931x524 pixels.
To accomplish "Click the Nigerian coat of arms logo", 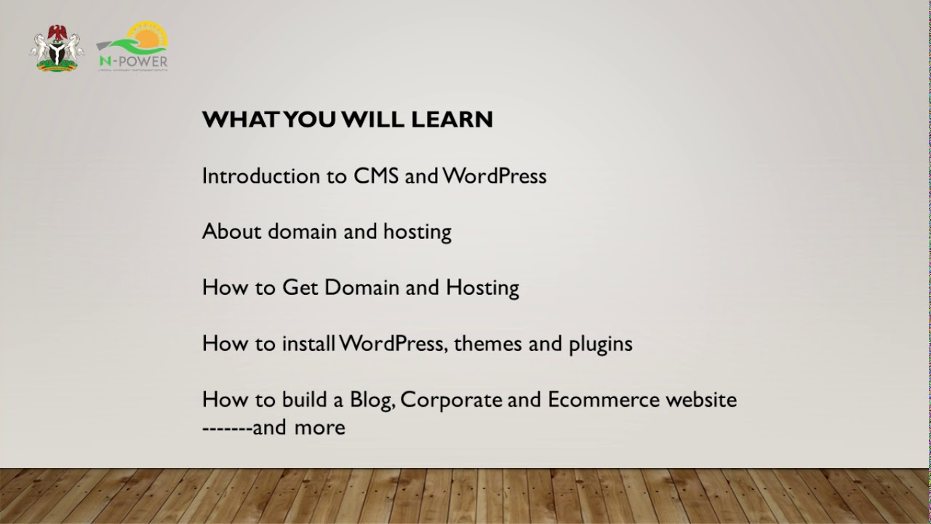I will pyautogui.click(x=57, y=49).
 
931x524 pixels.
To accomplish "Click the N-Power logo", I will pyautogui.click(x=133, y=47).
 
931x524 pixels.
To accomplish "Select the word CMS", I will pyautogui.click(x=376, y=176).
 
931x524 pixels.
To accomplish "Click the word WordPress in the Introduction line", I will pyautogui.click(x=495, y=176).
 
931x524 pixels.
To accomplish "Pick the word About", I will pyautogui.click(x=232, y=231).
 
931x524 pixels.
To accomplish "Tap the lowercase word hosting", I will pyautogui.click(x=417, y=232).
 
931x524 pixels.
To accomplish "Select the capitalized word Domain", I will pyautogui.click(x=361, y=287).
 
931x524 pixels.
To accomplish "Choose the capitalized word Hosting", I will pyautogui.click(x=482, y=287).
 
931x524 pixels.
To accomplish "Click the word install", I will pyautogui.click(x=308, y=344).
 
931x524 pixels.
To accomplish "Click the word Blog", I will pyautogui.click(x=372, y=400).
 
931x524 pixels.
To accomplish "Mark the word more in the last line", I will pyautogui.click(x=319, y=427).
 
